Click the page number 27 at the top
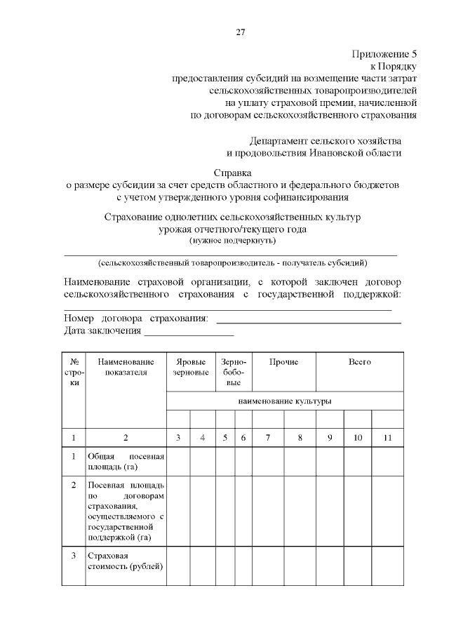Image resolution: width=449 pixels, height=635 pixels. pyautogui.click(x=240, y=32)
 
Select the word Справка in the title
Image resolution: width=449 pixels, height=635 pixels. pyautogui.click(x=232, y=172)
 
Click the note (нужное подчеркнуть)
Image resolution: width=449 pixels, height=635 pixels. pyautogui.click(x=232, y=240)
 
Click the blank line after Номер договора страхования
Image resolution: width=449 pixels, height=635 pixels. pyautogui.click(x=309, y=321)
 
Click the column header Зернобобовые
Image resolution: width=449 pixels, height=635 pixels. pyautogui.click(x=234, y=372)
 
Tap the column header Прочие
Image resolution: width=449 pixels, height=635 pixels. pyautogui.click(x=284, y=362)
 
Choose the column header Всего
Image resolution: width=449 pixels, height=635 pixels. pyautogui.click(x=359, y=362)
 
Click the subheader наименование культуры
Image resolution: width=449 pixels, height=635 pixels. pyautogui.click(x=284, y=401)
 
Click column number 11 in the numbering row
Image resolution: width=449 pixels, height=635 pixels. pyautogui.click(x=387, y=438)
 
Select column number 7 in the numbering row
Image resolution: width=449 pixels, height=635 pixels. pyautogui.click(x=268, y=438)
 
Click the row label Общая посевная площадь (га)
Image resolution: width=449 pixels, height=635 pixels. pyautogui.click(x=126, y=462)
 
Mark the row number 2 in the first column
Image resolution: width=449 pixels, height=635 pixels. pyautogui.click(x=74, y=485)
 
